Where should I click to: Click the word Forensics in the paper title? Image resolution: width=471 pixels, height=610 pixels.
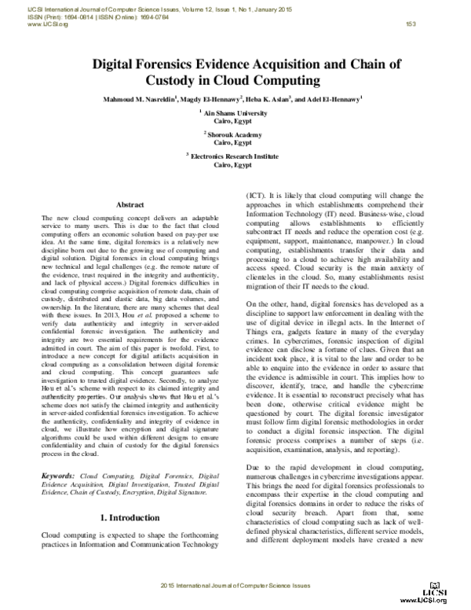pos(181,65)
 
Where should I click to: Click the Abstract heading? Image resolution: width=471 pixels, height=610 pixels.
pos(130,204)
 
